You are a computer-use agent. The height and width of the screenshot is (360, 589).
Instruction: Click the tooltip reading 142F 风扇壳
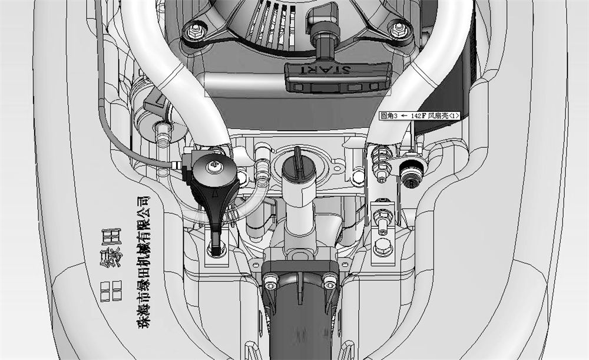419,117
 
